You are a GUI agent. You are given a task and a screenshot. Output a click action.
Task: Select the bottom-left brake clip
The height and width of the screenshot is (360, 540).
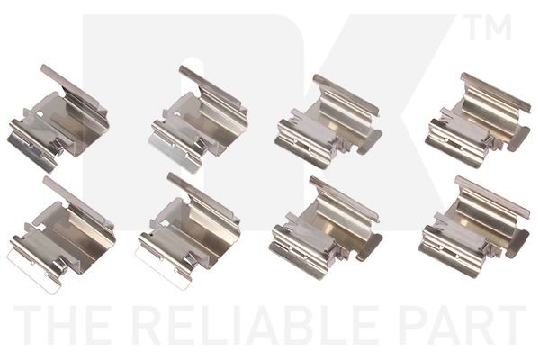[x=62, y=234]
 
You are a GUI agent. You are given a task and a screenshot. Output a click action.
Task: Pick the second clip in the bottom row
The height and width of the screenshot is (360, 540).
[x=188, y=230]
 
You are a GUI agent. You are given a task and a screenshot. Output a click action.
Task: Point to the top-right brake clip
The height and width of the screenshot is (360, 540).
[x=477, y=121]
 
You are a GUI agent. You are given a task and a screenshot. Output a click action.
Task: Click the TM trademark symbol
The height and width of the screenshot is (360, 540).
[x=489, y=27]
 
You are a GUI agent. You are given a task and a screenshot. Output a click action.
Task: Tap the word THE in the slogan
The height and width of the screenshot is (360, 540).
[x=63, y=325]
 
